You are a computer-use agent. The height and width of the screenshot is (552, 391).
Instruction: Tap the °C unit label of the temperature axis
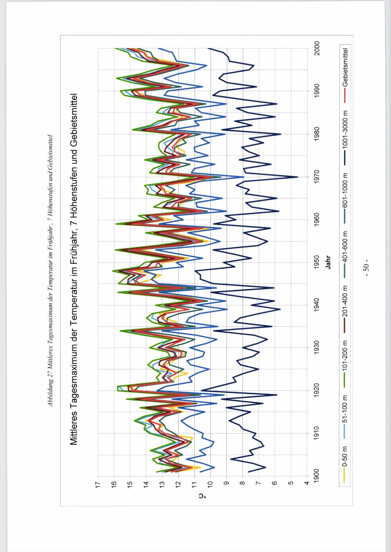[x=202, y=497]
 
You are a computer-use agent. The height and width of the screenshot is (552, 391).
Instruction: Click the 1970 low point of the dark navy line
[x=298, y=177]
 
